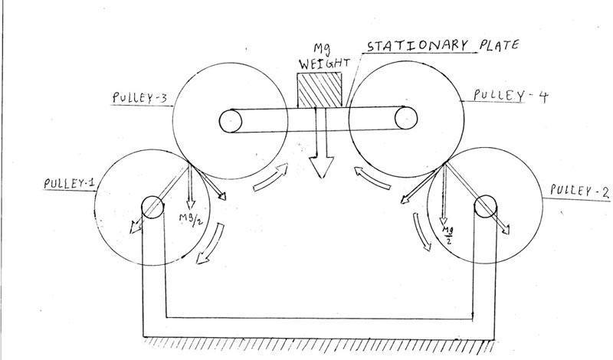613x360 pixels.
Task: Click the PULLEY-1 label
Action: coord(70,183)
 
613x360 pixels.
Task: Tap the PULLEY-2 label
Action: coord(579,191)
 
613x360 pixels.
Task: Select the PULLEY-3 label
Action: coord(139,97)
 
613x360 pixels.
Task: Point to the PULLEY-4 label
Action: coord(511,96)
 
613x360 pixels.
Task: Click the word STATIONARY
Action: coord(418,46)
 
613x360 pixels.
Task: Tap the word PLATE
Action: coord(500,45)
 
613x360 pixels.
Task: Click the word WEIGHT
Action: coord(324,64)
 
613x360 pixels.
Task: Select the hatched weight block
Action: coord(320,90)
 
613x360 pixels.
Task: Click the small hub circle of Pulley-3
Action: coord(231,121)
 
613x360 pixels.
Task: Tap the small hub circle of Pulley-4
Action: coord(406,118)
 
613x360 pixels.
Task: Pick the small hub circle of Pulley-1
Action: coord(152,208)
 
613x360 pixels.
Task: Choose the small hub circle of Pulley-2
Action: coord(486,206)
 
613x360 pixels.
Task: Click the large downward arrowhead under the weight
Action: coord(321,167)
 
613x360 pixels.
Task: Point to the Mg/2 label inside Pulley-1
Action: coord(191,220)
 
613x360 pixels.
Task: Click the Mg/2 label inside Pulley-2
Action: coord(447,234)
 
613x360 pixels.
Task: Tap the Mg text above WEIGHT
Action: coord(323,49)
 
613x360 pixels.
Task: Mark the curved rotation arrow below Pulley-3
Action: coord(270,178)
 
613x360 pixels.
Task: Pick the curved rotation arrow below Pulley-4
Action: coord(372,178)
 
